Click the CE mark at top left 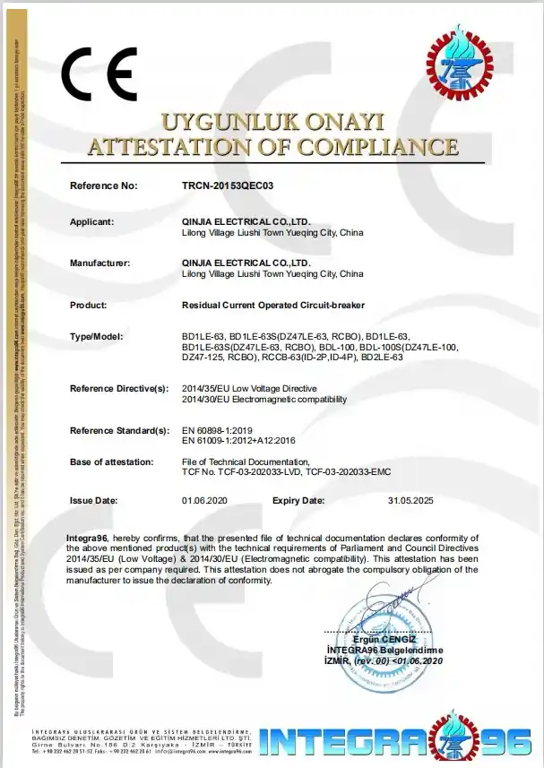[99, 73]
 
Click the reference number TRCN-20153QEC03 [227, 186]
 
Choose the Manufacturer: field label [99, 263]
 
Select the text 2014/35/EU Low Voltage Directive [249, 388]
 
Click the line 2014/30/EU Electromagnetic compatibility [263, 399]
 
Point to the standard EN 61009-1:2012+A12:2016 [241, 441]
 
